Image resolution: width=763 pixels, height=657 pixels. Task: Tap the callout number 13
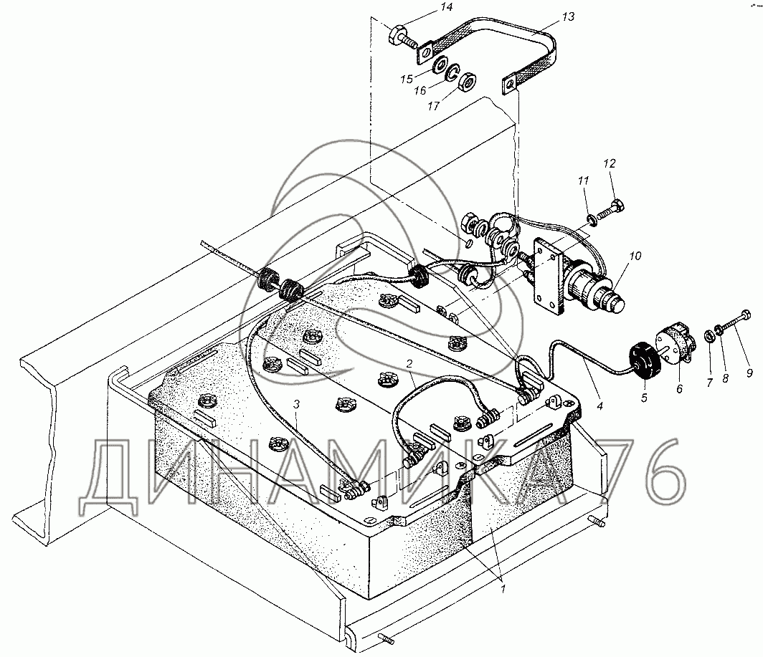568,16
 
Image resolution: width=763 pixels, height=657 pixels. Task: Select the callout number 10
635,255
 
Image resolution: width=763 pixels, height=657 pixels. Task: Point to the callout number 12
610,163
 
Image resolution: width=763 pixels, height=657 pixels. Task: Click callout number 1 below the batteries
503,588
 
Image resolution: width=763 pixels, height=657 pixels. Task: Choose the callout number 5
644,398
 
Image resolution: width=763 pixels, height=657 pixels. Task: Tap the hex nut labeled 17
468,81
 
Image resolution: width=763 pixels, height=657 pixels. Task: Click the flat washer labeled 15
441,64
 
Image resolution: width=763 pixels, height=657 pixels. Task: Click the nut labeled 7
709,335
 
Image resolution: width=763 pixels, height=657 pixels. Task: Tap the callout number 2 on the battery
409,363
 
